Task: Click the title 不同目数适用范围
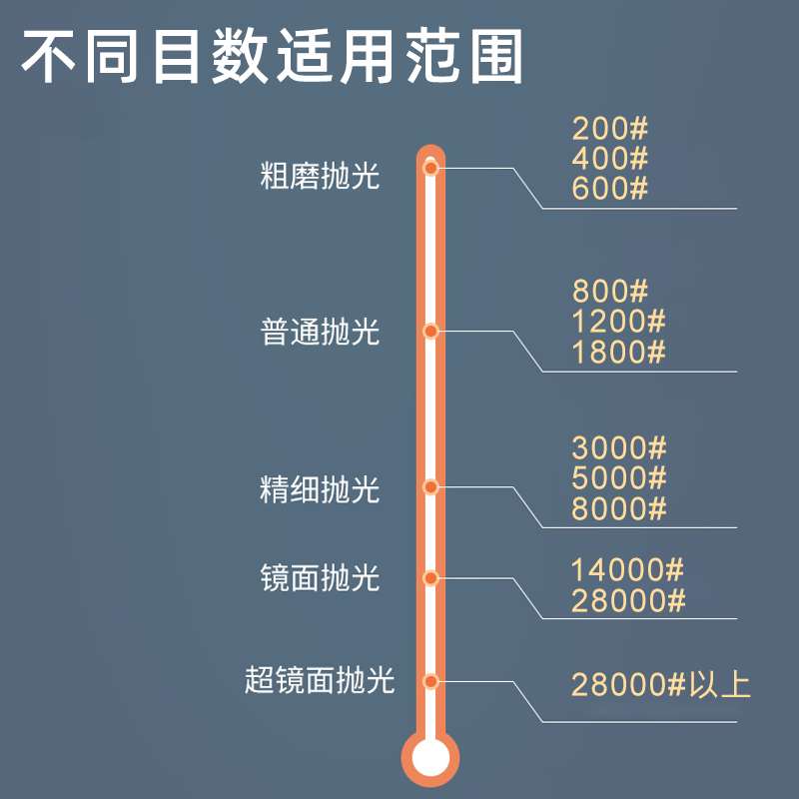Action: (273, 58)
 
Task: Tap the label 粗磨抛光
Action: (320, 177)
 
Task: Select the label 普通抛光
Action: (320, 332)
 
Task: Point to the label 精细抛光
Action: (320, 489)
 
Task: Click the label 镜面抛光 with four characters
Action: (320, 577)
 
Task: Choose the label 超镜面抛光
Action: (320, 681)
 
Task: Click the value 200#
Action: (610, 129)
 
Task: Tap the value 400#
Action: (610, 158)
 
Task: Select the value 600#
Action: (610, 188)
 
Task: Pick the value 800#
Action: (610, 292)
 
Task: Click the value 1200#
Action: (618, 322)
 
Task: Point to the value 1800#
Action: (618, 352)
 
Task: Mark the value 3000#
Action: (618, 448)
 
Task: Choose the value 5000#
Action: (618, 478)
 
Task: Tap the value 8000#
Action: (618, 508)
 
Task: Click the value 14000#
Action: (627, 570)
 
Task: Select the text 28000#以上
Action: (660, 685)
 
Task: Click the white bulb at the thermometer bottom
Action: (430, 756)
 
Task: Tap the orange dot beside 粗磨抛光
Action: (430, 169)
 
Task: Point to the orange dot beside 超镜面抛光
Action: (430, 682)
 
